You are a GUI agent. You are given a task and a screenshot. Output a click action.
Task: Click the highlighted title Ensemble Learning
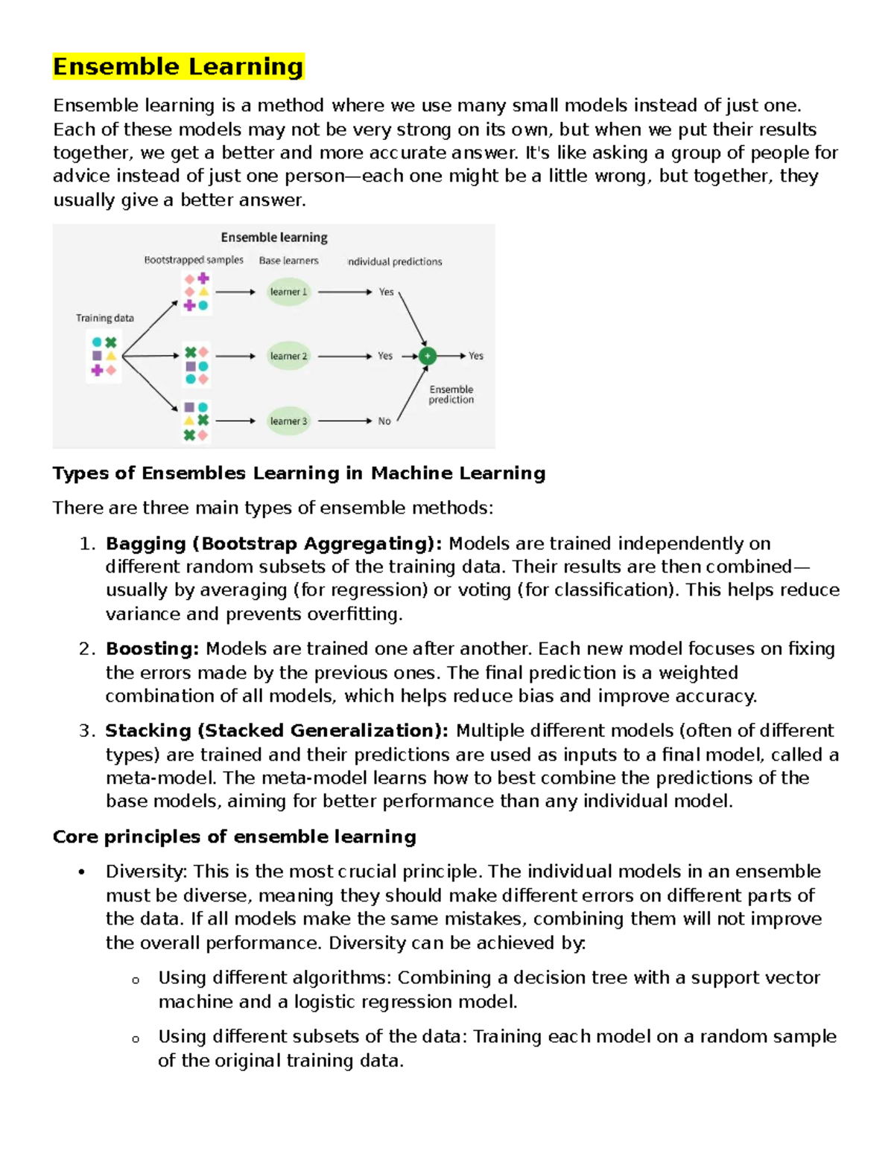[x=178, y=66]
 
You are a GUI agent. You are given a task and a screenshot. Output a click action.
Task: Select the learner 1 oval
[x=288, y=292]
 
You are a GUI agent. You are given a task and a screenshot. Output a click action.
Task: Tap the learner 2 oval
[x=288, y=356]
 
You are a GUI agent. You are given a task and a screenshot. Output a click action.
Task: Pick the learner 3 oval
[x=288, y=421]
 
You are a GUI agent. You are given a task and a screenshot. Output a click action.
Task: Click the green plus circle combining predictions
[x=427, y=356]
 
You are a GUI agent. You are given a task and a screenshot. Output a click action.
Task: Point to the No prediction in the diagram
[x=384, y=421]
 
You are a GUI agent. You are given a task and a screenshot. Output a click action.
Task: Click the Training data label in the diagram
[x=105, y=318]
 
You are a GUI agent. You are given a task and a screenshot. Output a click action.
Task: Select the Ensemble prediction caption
[x=451, y=395]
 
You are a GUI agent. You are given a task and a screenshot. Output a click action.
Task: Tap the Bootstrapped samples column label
[x=194, y=260]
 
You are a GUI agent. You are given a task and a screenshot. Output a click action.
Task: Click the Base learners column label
[x=288, y=261]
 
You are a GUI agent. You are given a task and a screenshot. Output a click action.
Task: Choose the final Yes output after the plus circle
[x=476, y=356]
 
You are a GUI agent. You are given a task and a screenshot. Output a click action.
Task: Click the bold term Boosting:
[x=152, y=648]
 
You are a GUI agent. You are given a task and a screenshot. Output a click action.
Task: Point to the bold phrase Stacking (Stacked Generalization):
[x=276, y=730]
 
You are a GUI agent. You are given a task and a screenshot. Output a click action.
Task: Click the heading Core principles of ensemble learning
[x=234, y=837]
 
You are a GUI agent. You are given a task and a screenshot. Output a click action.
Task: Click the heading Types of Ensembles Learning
[x=299, y=473]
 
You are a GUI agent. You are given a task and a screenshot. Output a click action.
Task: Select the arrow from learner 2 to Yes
[x=344, y=356]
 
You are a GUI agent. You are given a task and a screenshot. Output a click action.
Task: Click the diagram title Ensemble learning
[x=274, y=237]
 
